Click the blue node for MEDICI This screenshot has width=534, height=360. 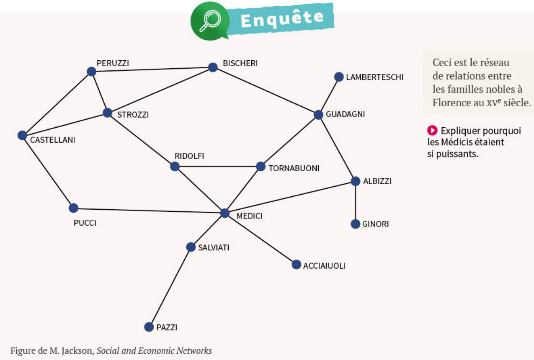pos(225,213)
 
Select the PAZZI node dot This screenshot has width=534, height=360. pos(149,327)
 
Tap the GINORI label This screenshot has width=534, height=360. pos(376,224)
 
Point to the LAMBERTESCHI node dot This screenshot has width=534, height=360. pos(339,77)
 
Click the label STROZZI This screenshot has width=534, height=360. pos(133,115)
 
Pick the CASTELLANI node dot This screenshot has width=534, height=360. pos(22,135)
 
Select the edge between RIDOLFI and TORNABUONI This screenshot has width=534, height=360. pos(218,167)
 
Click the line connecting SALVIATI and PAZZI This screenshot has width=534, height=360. pos(170,287)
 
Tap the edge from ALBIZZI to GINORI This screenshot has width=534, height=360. pos(355,203)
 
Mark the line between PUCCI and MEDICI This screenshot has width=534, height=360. pos(149,211)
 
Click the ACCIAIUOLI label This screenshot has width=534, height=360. pos(324,266)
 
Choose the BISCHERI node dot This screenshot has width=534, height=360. pos(213,67)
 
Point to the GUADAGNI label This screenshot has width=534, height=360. pos(345,114)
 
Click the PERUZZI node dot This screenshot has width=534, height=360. pos(91,72)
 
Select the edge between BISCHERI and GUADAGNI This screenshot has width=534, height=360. pos(266,91)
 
